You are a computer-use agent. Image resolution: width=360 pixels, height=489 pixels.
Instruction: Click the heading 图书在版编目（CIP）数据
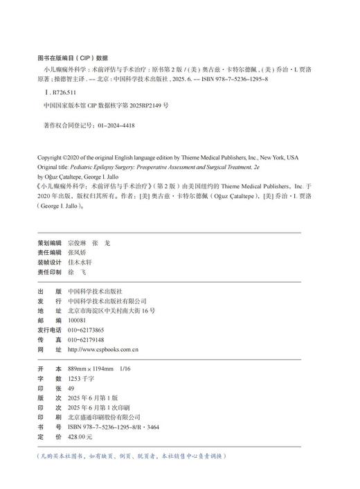[x=72, y=58]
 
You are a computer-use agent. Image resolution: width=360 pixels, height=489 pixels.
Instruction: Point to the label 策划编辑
[x=49, y=244]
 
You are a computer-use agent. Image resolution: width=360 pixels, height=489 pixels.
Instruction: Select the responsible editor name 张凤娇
[x=80, y=254]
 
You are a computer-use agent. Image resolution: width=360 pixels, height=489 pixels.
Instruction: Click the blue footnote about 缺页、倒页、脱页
[x=132, y=456]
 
